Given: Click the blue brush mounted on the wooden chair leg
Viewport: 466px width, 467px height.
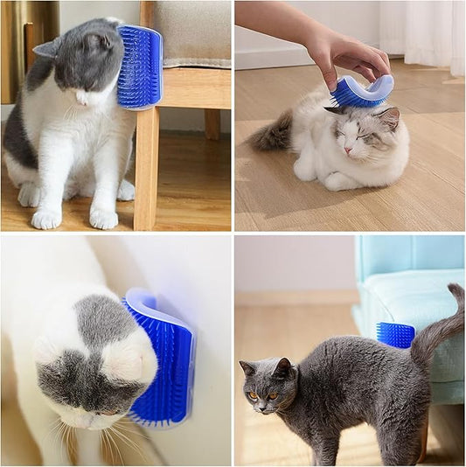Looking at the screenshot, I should [x=140, y=67].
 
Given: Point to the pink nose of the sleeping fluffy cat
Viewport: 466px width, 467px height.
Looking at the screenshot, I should [x=348, y=150].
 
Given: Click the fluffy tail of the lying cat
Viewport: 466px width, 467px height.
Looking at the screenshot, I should [x=272, y=134].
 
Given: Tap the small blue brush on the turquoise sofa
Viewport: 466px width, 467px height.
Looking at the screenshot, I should [x=395, y=335].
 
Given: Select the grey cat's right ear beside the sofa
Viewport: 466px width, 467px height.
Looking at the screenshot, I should [x=283, y=368].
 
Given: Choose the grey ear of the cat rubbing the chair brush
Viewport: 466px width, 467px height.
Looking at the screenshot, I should [x=47, y=48].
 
